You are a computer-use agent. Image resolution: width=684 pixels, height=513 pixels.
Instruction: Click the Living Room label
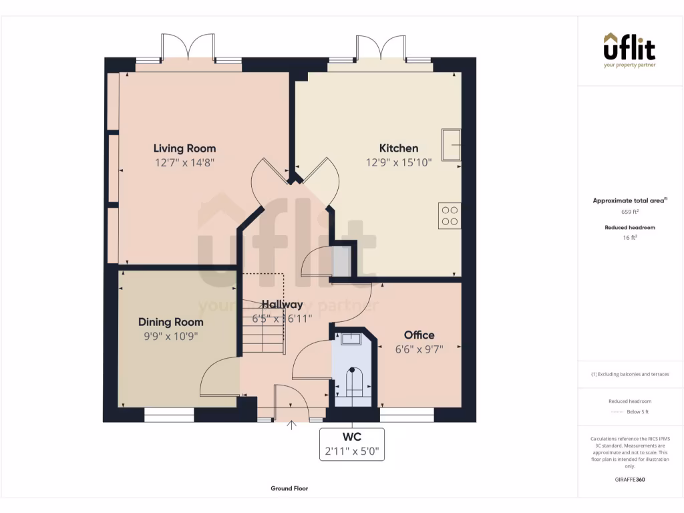point(184,148)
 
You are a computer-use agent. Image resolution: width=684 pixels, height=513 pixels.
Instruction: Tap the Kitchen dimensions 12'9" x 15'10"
point(399,162)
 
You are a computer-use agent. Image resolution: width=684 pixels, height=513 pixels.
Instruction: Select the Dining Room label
point(170,322)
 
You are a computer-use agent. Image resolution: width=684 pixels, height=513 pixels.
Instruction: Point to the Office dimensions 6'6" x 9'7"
point(419,348)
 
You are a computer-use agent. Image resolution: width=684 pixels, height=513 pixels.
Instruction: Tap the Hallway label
point(282,305)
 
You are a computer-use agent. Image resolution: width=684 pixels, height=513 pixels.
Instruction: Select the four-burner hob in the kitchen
point(450,215)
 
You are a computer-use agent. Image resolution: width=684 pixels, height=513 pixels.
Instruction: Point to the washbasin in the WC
point(351,339)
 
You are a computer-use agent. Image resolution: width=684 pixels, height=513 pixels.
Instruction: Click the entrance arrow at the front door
point(291,425)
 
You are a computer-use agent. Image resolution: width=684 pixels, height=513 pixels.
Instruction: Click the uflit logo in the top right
point(629,49)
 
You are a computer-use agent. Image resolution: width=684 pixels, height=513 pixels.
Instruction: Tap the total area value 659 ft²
point(630,212)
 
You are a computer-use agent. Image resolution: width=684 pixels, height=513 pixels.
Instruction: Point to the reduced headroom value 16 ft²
point(630,237)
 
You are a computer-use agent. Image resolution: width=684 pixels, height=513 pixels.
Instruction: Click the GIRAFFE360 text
point(630,479)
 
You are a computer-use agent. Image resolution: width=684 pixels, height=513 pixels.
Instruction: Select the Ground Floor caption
point(289,488)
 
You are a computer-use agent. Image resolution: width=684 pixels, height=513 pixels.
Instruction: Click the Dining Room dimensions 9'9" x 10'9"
point(170,337)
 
